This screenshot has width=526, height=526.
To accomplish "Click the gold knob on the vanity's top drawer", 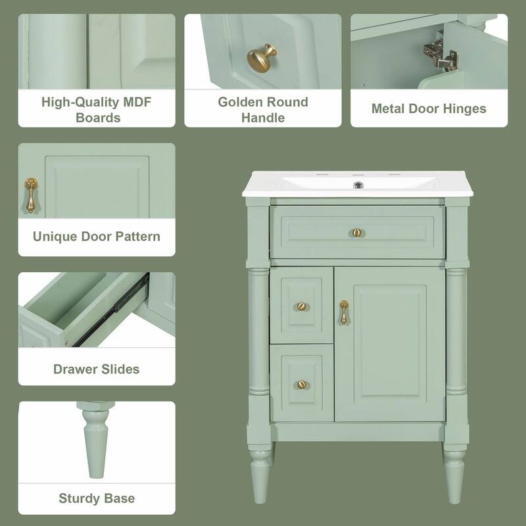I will coord(356,233).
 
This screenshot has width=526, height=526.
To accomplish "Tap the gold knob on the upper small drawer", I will coord(301,306).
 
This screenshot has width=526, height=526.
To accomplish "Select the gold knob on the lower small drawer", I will coord(301,385).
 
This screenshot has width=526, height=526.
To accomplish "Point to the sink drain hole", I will coord(358,185).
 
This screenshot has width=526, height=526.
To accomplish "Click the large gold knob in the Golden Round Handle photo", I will coord(261,58).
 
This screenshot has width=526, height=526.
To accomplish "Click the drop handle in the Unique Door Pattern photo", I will coord(30,196).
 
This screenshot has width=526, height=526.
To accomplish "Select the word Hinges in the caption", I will coord(464,109).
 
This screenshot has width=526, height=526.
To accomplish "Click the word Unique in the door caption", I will coord(55,236).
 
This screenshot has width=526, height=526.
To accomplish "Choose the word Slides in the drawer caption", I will coord(117,370).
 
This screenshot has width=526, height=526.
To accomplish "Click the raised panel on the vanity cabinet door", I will coord(389,343).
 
